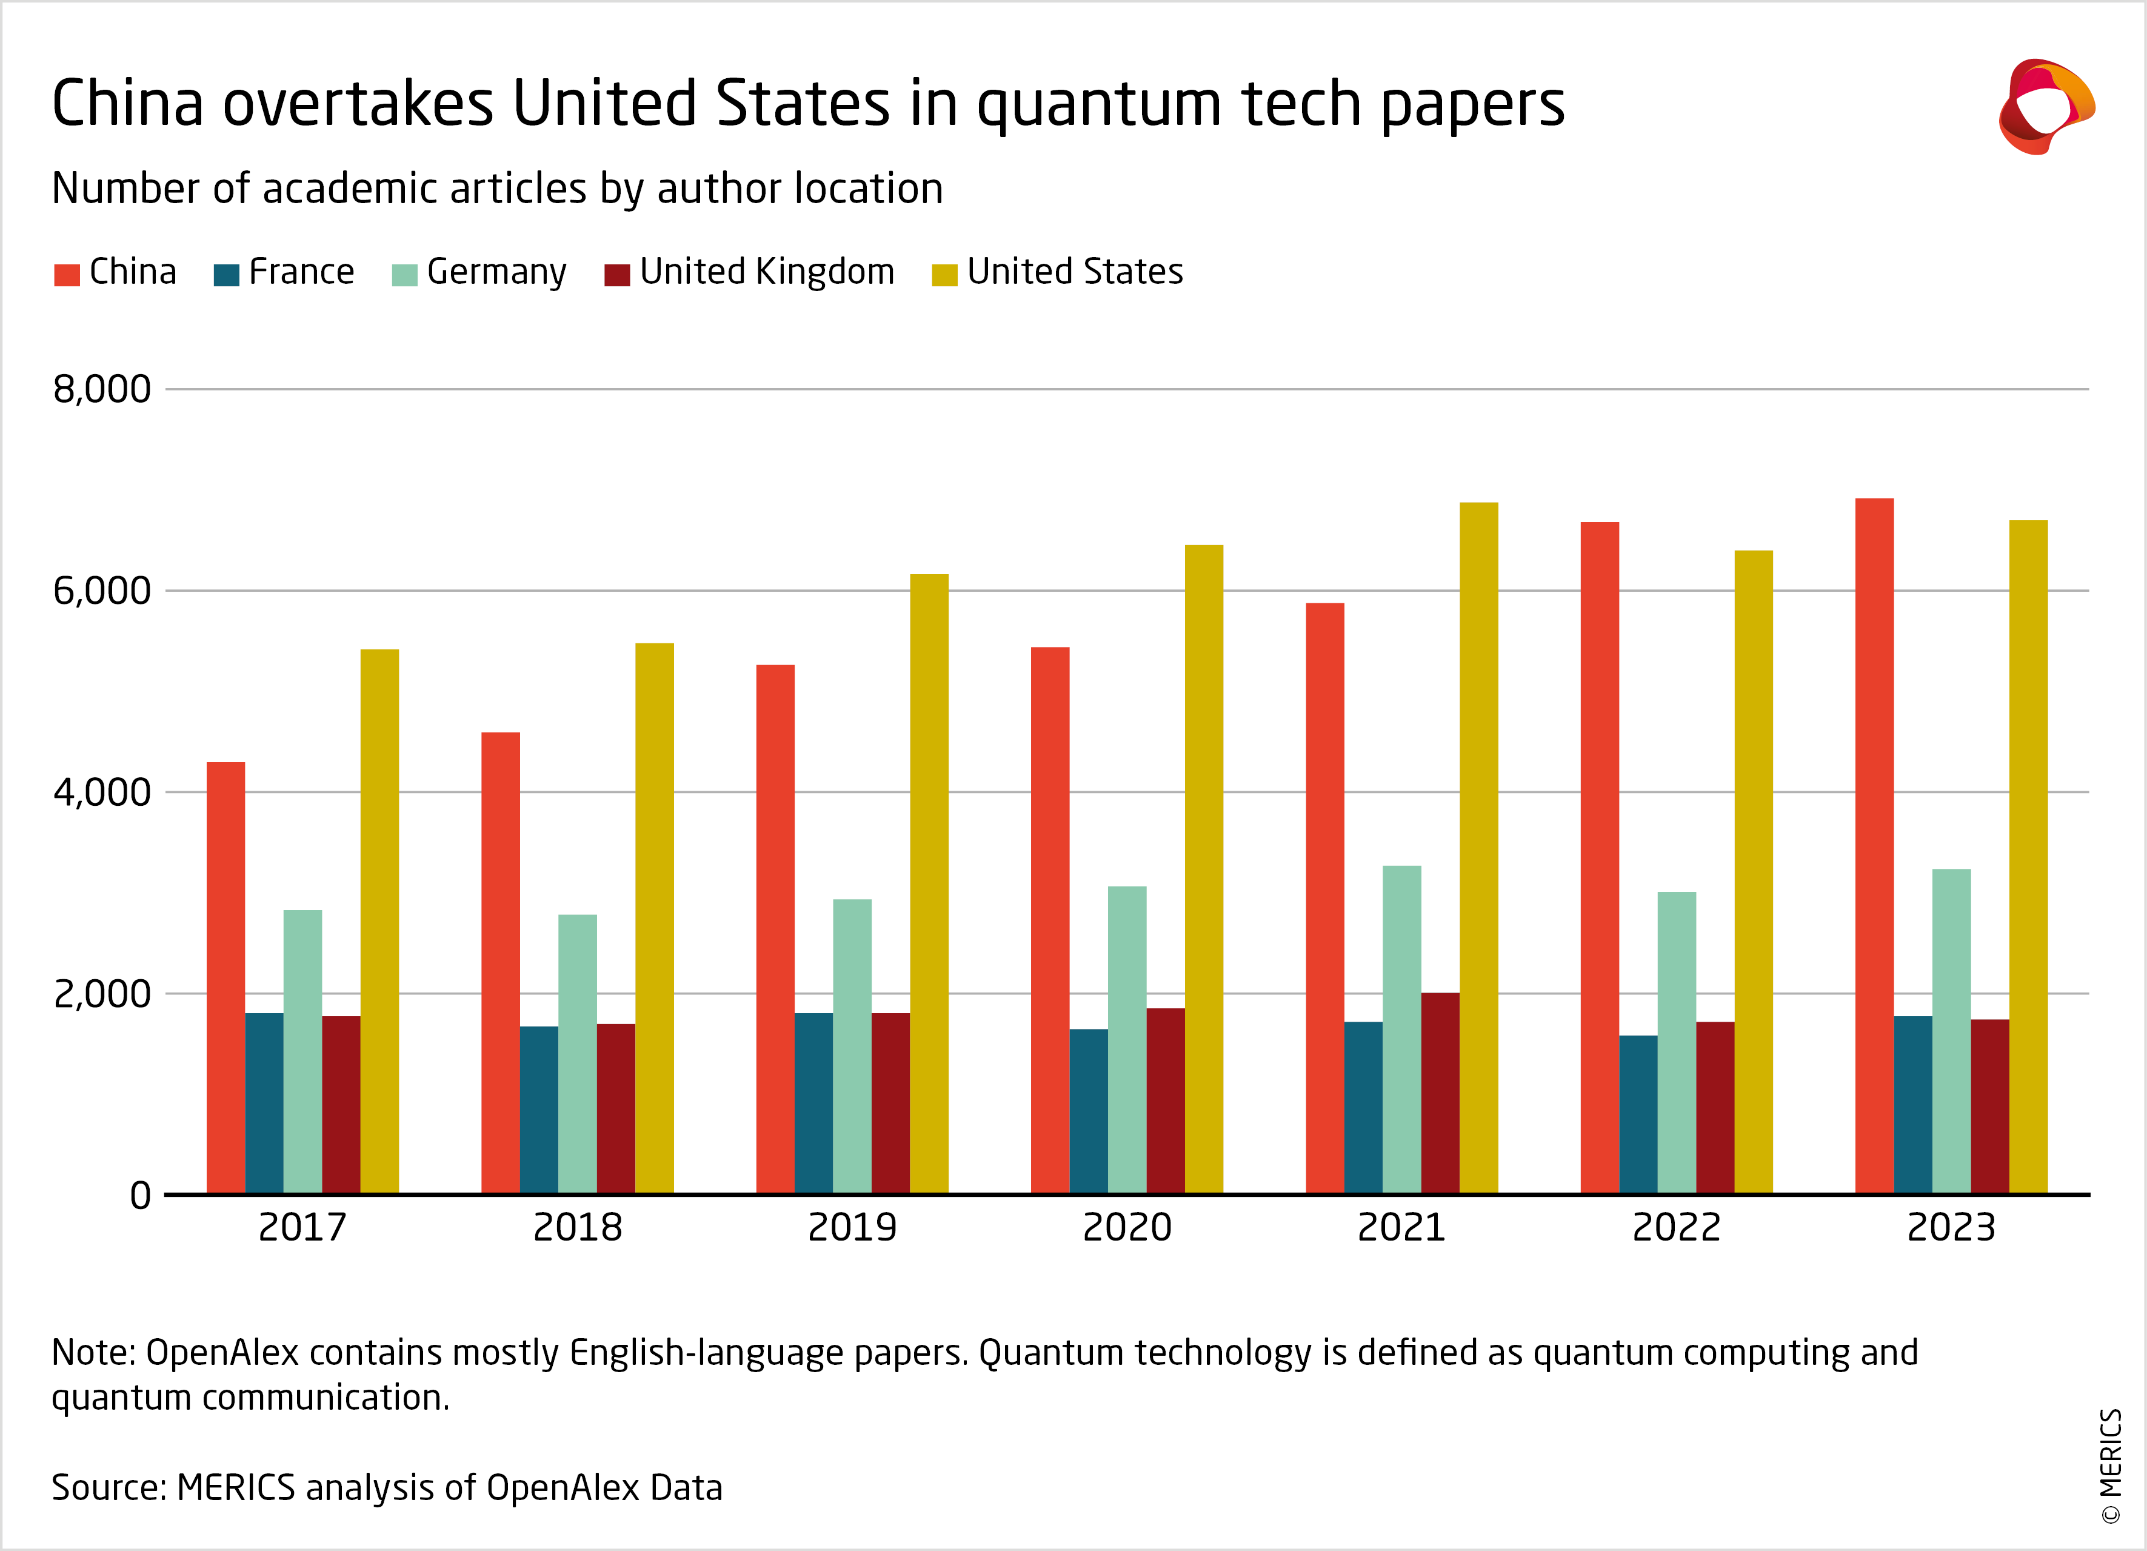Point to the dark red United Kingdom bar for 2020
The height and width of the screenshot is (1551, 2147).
pos(1165,1100)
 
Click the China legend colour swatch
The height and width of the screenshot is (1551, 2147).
pos(67,275)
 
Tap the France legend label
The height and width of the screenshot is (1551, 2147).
pos(301,272)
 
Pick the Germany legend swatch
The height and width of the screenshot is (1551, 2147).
pos(404,275)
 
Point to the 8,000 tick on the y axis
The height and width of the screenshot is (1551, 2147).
pos(101,389)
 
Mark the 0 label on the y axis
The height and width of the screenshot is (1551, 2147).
pos(140,1196)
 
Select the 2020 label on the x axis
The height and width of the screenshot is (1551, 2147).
pos(1126,1228)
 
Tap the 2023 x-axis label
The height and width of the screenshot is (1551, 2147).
pos(1951,1228)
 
